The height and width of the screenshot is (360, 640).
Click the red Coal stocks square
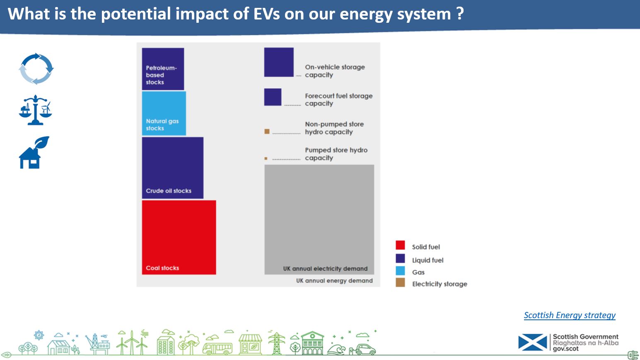(x=179, y=237)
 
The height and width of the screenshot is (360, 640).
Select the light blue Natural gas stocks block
(x=164, y=114)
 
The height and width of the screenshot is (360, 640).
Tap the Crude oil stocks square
(x=173, y=168)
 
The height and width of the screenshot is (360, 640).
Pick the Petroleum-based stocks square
(x=163, y=69)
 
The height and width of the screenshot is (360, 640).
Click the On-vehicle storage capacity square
(x=279, y=62)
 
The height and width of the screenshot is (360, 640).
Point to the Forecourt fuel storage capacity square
(x=273, y=97)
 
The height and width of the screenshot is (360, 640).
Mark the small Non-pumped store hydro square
(x=267, y=131)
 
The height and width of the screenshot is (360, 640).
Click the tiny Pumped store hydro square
(x=266, y=158)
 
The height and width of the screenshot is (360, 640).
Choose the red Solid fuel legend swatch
(x=400, y=245)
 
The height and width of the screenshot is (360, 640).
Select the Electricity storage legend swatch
(x=400, y=282)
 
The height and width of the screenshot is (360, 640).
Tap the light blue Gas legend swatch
(x=400, y=271)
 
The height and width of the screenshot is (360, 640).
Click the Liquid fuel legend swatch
(x=400, y=258)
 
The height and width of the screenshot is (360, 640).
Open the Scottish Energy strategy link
(x=570, y=315)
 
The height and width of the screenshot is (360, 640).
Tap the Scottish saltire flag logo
(x=533, y=342)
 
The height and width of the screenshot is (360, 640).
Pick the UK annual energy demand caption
(x=334, y=280)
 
